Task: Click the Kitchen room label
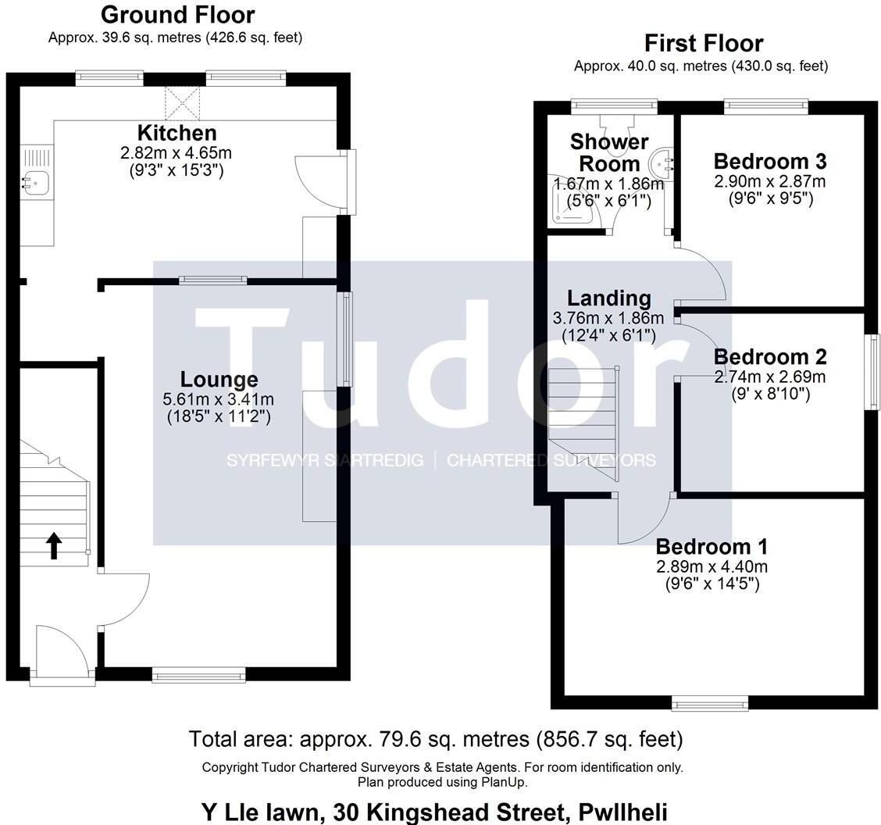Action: click(177, 132)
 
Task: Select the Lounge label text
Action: click(219, 380)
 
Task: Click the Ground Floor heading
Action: click(177, 14)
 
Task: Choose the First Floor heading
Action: click(703, 43)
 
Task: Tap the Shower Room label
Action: click(609, 152)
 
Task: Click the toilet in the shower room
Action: click(617, 123)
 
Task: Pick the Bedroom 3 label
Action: click(769, 162)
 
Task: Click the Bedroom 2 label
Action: click(769, 357)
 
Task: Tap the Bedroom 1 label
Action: click(712, 547)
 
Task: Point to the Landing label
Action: click(608, 298)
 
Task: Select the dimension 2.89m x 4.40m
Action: click(712, 566)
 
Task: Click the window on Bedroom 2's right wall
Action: click(874, 371)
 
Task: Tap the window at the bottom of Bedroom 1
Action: click(712, 705)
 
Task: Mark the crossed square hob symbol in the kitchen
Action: click(182, 103)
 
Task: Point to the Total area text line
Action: click(436, 738)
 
